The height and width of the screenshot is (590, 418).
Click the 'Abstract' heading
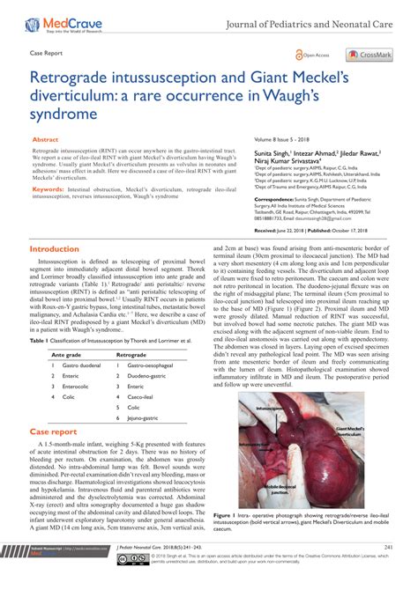click(46, 140)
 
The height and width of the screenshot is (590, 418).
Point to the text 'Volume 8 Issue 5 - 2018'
click(285, 140)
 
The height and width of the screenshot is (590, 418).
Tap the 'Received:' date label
click(266, 230)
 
